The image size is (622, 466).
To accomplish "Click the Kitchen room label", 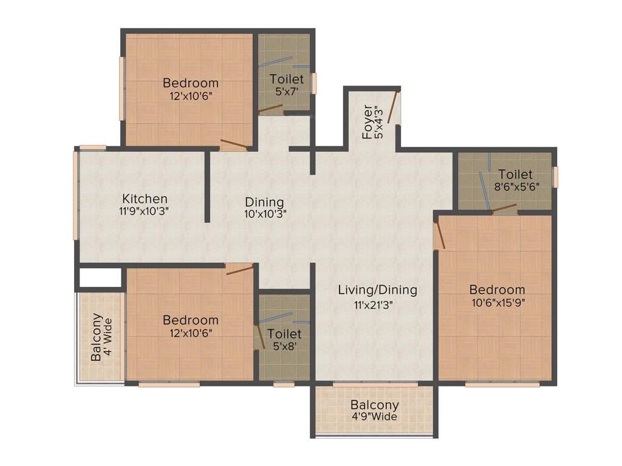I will coord(145,198).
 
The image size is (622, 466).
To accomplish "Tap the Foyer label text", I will coord(367,123).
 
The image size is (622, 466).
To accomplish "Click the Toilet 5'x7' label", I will coord(287,79).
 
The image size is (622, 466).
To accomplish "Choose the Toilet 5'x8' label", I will coord(284,334).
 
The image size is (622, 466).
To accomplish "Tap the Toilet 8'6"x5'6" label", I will coord(515,175).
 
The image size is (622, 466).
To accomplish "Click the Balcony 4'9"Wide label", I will coord(375,405).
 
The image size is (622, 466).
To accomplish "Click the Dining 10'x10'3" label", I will coord(265,202).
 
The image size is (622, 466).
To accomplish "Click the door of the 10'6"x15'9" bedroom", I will coord(439,235).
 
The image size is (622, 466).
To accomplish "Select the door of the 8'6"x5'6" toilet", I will coord(504,209).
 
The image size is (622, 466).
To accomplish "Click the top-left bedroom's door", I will coord(234,144).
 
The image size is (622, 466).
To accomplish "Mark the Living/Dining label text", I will coord(378,290).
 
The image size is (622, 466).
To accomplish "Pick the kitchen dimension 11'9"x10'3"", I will coord(145,212).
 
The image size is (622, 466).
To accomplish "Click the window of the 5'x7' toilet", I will coord(314,83).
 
